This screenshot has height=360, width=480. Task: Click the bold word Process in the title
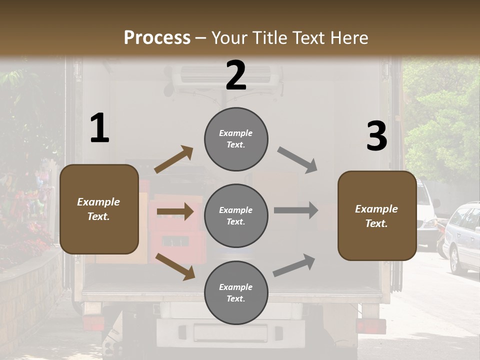[x=157, y=38]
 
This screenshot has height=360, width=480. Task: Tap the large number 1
[x=99, y=128]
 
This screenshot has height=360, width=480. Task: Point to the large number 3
[x=376, y=136]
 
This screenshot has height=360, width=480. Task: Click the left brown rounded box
[x=99, y=209]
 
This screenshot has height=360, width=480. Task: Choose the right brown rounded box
[x=377, y=215]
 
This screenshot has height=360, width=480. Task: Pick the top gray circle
[x=236, y=139]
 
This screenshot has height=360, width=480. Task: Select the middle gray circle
[x=236, y=215]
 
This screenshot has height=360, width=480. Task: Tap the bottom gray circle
[x=236, y=292]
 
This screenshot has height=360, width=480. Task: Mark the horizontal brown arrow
[x=175, y=211]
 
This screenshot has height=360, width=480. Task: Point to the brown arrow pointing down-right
[x=175, y=266]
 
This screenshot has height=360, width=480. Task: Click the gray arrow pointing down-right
[x=297, y=160]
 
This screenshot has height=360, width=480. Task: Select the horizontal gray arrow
[x=296, y=210]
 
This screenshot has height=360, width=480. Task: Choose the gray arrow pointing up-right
[x=294, y=265]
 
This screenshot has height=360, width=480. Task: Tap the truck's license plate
[x=230, y=332]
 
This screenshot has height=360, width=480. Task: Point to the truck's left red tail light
[x=93, y=323]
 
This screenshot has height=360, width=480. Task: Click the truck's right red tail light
[x=370, y=326]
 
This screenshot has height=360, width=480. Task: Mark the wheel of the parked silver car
[x=454, y=261]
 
